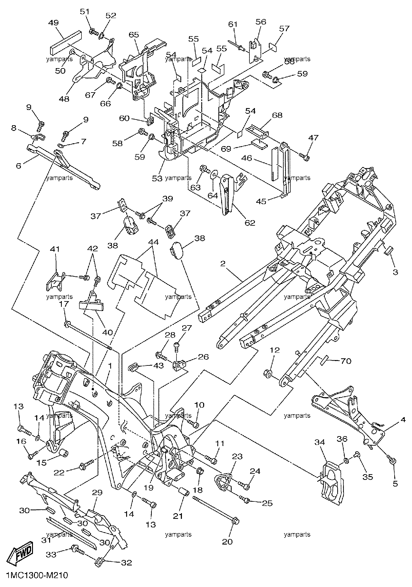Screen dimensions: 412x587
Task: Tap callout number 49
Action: pyautogui.click(x=54, y=23)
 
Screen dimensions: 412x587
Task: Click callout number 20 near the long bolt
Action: pyautogui.click(x=228, y=542)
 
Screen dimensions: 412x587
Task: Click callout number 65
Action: pyautogui.click(x=134, y=35)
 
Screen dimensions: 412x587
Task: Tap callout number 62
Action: pyautogui.click(x=250, y=223)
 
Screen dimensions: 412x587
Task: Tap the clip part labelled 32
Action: pyautogui.click(x=100, y=563)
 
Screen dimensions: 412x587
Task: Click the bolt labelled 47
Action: pyautogui.click(x=305, y=156)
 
